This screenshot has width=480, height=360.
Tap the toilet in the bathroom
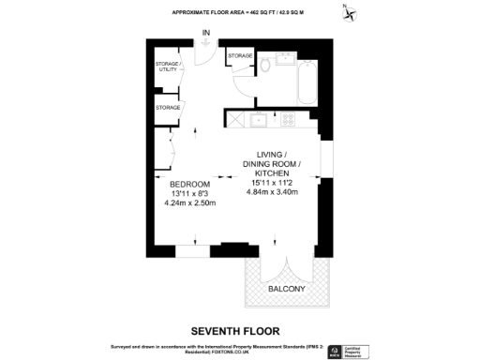click(x=266, y=65)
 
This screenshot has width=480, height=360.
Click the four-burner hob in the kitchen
click(x=287, y=120)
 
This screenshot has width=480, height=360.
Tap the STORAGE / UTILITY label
click(x=167, y=67)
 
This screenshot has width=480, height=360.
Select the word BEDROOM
click(x=190, y=183)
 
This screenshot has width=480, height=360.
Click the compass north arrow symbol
click(x=350, y=13)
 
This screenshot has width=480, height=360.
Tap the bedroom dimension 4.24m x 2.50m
click(x=190, y=203)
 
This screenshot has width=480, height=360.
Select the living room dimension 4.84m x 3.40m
click(x=272, y=192)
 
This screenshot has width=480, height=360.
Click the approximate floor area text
click(x=239, y=12)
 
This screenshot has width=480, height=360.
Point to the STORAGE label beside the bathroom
click(x=240, y=57)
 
